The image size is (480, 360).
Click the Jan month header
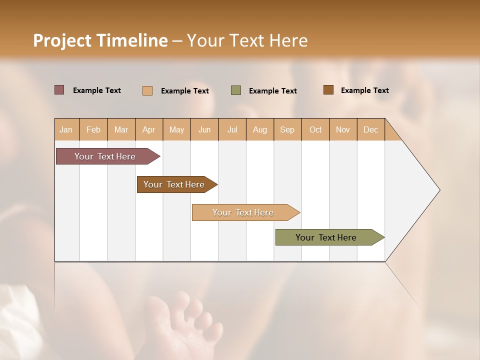point(66,129)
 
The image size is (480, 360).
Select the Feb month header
point(93,129)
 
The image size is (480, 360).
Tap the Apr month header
point(149,129)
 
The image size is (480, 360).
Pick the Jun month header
point(204,129)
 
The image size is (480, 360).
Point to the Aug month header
point(260,129)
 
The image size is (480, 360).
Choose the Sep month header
point(287,129)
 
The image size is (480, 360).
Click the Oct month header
point(315,129)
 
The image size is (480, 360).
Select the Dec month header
point(371,129)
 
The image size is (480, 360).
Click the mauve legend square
point(59,90)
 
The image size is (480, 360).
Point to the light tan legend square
point(147,90)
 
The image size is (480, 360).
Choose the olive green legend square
point(236,90)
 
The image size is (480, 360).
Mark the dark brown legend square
point(328,90)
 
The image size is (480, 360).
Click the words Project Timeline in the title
point(100,40)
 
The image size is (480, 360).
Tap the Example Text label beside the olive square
point(273,91)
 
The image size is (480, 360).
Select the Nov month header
point(343,129)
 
